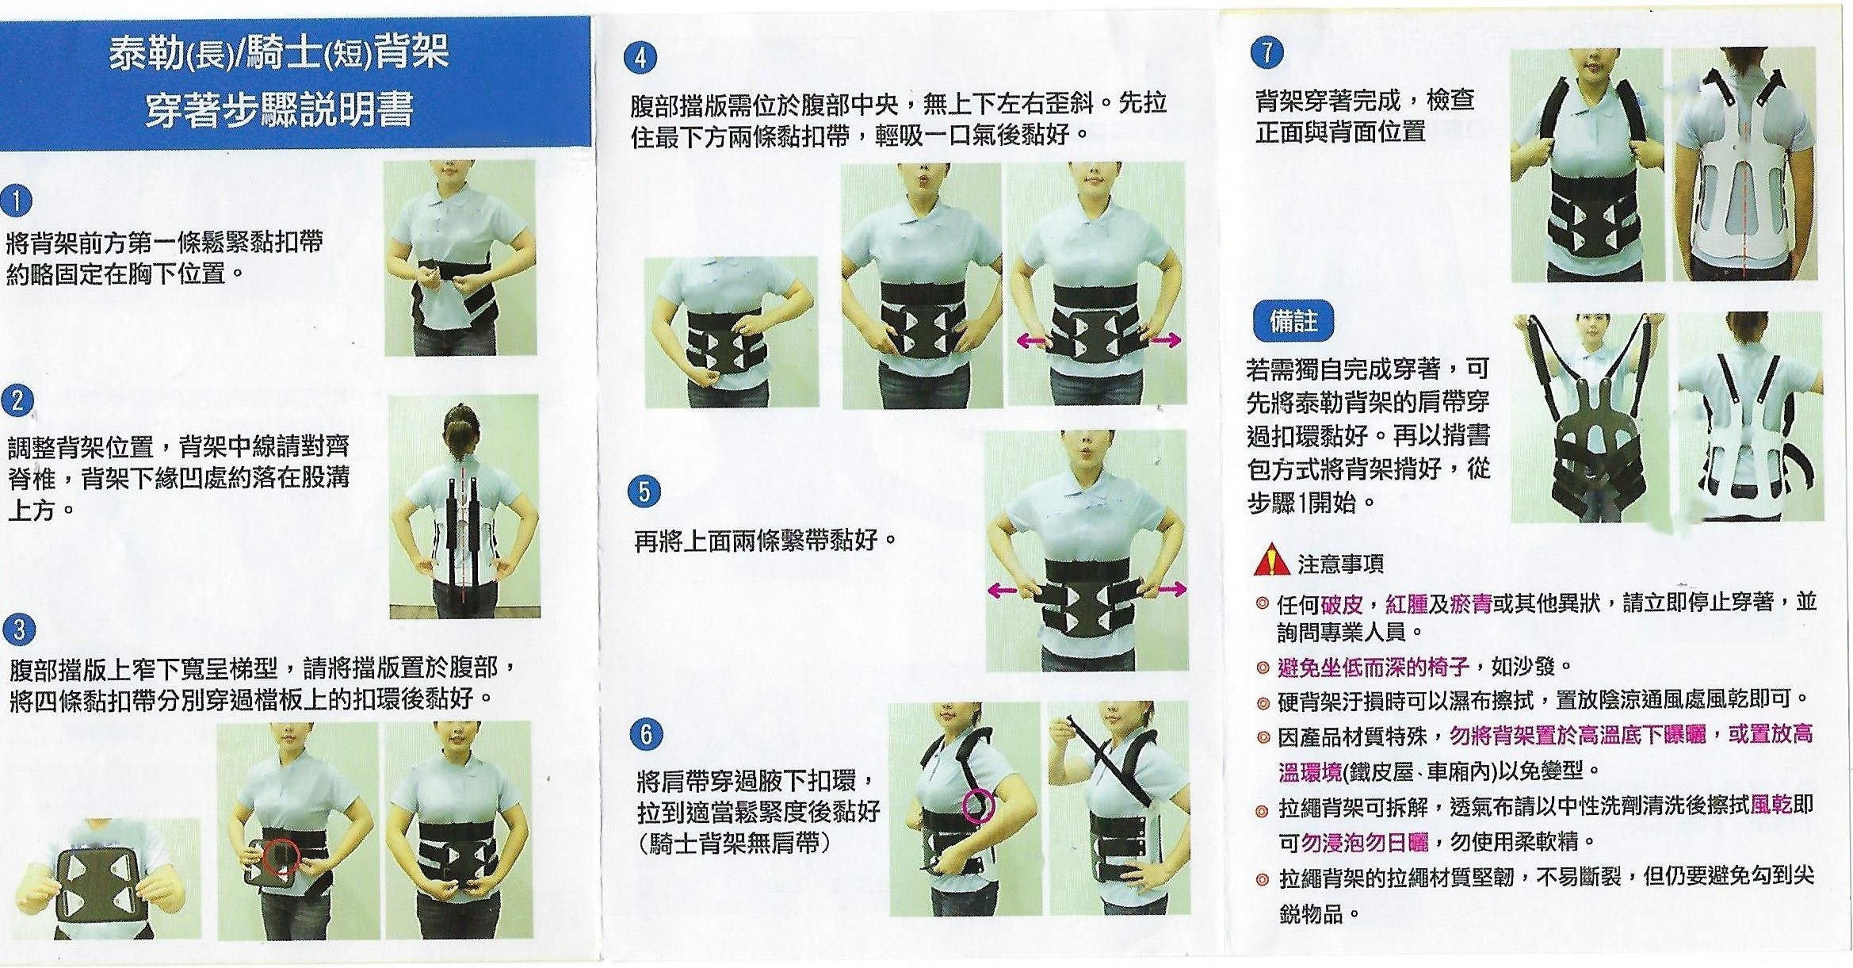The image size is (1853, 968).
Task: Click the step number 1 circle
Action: tap(17, 201)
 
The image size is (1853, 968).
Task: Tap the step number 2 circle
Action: tap(17, 400)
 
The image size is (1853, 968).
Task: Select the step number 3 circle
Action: tap(18, 629)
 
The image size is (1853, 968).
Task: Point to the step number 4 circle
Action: tap(640, 58)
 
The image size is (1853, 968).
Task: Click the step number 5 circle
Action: tap(644, 492)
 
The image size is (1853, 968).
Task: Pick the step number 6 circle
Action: tap(646, 734)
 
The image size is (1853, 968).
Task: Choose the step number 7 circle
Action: tap(1267, 52)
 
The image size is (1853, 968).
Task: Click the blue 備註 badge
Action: tap(1293, 321)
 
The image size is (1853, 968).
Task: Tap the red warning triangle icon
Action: tap(1271, 560)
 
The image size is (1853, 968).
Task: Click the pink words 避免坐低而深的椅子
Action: tap(1374, 667)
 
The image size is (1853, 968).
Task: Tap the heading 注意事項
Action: tap(1341, 564)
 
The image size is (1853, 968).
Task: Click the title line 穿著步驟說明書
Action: tap(279, 109)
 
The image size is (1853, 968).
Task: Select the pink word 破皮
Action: tap(1342, 604)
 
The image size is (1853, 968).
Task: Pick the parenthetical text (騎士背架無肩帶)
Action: tap(735, 843)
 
